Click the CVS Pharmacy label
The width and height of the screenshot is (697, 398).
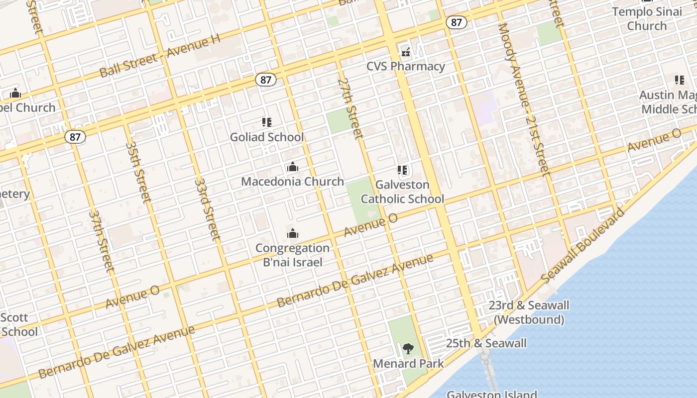[406, 66]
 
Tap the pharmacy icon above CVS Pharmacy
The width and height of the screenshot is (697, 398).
[406, 51]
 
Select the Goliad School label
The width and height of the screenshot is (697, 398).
[267, 137]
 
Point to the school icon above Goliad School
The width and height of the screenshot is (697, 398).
[267, 122]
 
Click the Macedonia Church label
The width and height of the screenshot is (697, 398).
[293, 182]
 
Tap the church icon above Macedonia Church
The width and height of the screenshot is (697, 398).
[293, 167]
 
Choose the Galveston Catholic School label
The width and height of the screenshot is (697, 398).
[402, 192]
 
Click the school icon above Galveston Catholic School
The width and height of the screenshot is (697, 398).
[402, 170]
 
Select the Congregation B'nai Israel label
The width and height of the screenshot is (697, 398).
[293, 255]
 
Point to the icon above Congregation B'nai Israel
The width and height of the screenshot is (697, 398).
[293, 233]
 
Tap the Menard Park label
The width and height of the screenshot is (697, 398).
[408, 364]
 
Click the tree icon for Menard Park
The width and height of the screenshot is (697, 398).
[408, 348]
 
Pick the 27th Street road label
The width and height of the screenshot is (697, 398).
[350, 107]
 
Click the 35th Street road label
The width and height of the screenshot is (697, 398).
[138, 172]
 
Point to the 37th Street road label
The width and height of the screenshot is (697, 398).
[102, 241]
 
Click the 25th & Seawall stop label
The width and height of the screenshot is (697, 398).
[486, 343]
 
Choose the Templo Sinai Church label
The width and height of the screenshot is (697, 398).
[647, 18]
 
